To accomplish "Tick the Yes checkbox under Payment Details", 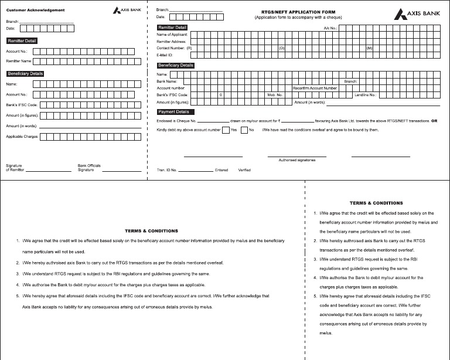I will pyautogui.click(x=226, y=130).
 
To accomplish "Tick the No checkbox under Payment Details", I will pyautogui.click(x=244, y=130).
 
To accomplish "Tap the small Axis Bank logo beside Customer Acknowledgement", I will pyautogui.click(x=127, y=11).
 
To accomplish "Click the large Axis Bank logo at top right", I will pyautogui.click(x=417, y=13).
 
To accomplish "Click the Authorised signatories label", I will pyautogui.click(x=297, y=159).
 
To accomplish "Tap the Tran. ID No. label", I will pyautogui.click(x=167, y=170).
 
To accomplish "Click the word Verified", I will pyautogui.click(x=244, y=170).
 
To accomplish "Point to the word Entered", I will pyautogui.click(x=221, y=170).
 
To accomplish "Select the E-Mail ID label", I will pyautogui.click(x=166, y=55).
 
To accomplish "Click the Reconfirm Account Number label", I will pyautogui.click(x=315, y=88).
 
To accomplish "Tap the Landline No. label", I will pyautogui.click(x=366, y=94).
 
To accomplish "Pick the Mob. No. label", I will pyautogui.click(x=275, y=94).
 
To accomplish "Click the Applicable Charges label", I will pyautogui.click(x=22, y=137).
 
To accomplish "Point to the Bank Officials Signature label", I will pyautogui.click(x=90, y=168).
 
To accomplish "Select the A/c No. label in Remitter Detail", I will pyautogui.click(x=330, y=28).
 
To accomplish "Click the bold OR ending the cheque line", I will pyautogui.click(x=434, y=121).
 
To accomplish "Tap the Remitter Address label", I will pyautogui.click(x=172, y=42).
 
